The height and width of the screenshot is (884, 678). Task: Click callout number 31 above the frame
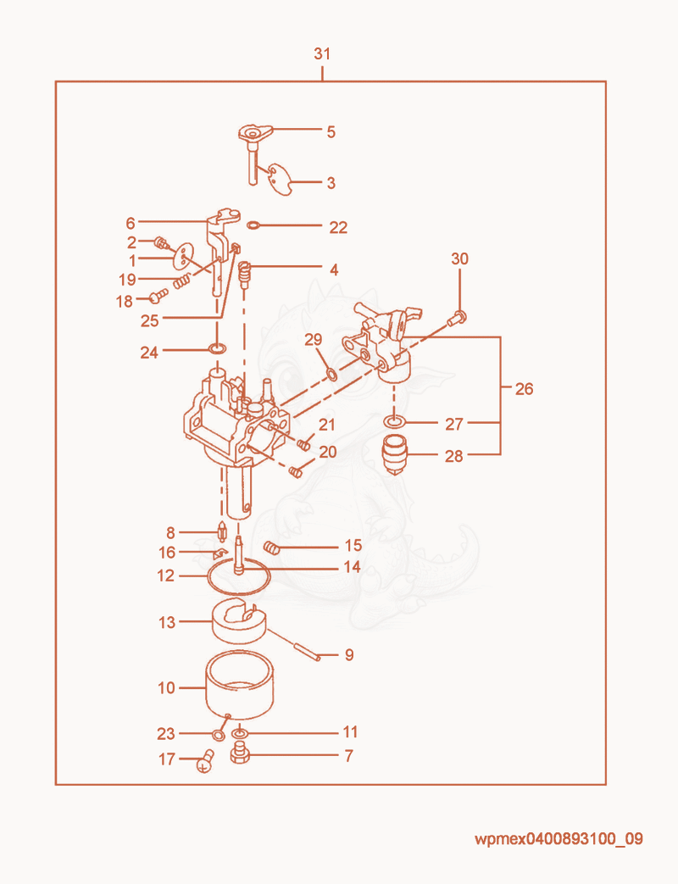point(322,53)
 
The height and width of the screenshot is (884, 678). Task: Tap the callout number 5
point(331,132)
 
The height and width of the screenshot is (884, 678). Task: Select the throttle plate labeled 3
point(281,179)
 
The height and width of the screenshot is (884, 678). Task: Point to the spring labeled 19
point(181,281)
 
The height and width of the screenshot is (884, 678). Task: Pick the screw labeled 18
point(158,294)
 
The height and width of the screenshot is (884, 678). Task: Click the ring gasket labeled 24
point(218,347)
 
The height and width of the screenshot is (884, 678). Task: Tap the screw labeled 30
point(456,319)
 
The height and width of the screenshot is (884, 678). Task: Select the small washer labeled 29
point(332,374)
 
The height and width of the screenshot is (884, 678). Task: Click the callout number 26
point(524,389)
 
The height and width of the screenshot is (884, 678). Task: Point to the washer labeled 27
point(396,422)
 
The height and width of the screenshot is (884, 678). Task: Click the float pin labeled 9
point(292,644)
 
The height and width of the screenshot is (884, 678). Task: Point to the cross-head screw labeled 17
point(205,761)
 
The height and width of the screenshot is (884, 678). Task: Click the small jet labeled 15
point(272,547)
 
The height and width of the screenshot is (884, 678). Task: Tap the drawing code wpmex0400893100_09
point(559,839)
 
